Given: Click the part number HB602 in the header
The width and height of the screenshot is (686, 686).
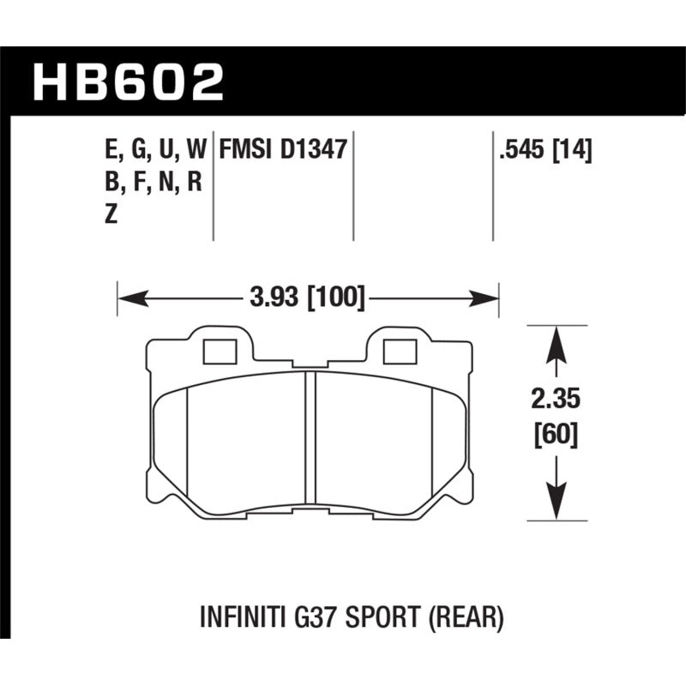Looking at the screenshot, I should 128,83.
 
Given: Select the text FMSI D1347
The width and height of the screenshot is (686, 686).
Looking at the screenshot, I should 282,151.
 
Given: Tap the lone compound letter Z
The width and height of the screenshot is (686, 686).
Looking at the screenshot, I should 110,215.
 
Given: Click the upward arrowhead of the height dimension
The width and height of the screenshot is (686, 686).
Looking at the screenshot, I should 557,340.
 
